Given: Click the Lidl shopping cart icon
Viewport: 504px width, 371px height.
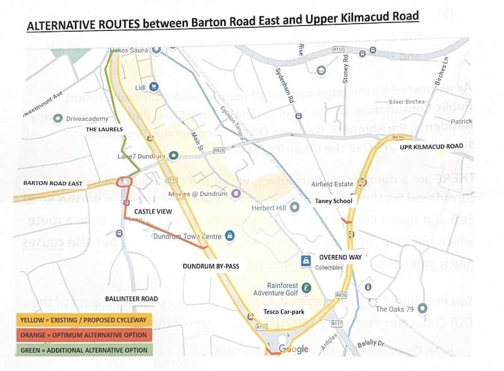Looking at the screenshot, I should pyautogui.click(x=153, y=87).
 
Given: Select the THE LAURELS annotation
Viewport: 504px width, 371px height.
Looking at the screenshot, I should pyautogui.click(x=104, y=129).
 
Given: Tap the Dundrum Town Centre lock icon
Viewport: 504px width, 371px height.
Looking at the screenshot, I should pyautogui.click(x=229, y=236).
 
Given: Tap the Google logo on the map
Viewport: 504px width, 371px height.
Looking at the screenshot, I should pyautogui.click(x=293, y=350).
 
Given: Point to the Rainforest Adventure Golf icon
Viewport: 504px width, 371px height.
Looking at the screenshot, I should pyautogui.click(x=306, y=288).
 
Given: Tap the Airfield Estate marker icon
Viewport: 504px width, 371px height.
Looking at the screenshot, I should pyautogui.click(x=362, y=183).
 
